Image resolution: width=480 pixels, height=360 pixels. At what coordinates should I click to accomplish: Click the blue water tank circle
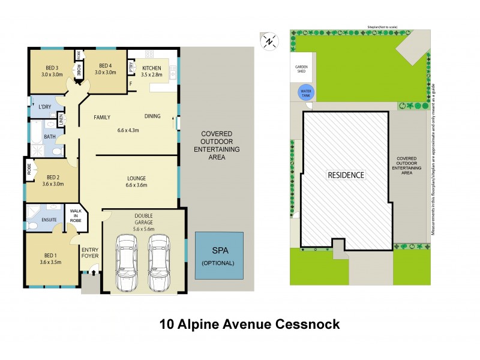(x=305, y=94)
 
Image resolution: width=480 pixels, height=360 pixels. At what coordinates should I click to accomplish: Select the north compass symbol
(x=269, y=41)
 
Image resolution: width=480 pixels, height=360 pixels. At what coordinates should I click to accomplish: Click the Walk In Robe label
(x=76, y=215)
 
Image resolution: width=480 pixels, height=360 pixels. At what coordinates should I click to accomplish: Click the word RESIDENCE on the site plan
(x=345, y=175)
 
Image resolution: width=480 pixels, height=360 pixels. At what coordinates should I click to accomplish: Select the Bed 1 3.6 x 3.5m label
(x=52, y=259)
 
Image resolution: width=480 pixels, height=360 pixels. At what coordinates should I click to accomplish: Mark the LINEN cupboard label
(x=61, y=121)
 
